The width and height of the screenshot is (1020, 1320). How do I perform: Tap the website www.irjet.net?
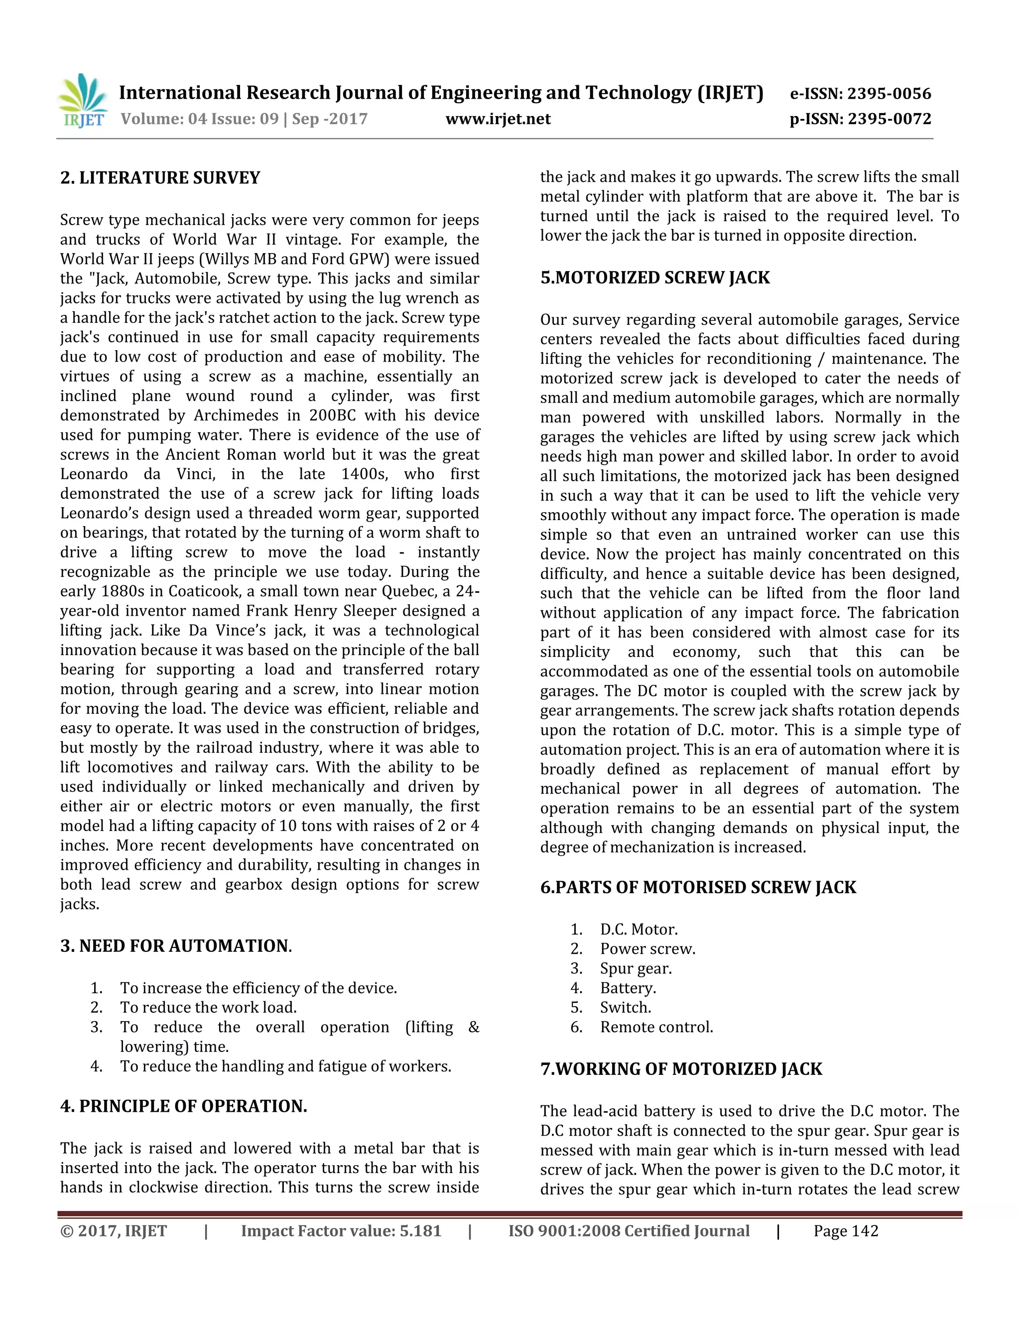(x=498, y=119)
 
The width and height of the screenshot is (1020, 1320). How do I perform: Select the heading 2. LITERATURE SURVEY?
(x=160, y=178)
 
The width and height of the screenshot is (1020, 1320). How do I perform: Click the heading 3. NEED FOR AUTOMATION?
(x=176, y=946)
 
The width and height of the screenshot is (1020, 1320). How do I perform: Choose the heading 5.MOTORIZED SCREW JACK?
(x=655, y=277)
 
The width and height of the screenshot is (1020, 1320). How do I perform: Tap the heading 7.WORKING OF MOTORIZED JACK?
(x=681, y=1068)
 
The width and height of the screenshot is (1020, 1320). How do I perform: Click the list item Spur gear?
(x=636, y=968)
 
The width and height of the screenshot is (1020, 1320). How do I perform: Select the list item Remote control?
(x=656, y=1027)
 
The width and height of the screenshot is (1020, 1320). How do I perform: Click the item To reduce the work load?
(x=208, y=1008)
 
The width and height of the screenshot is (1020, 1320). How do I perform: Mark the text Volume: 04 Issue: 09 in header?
(x=199, y=119)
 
